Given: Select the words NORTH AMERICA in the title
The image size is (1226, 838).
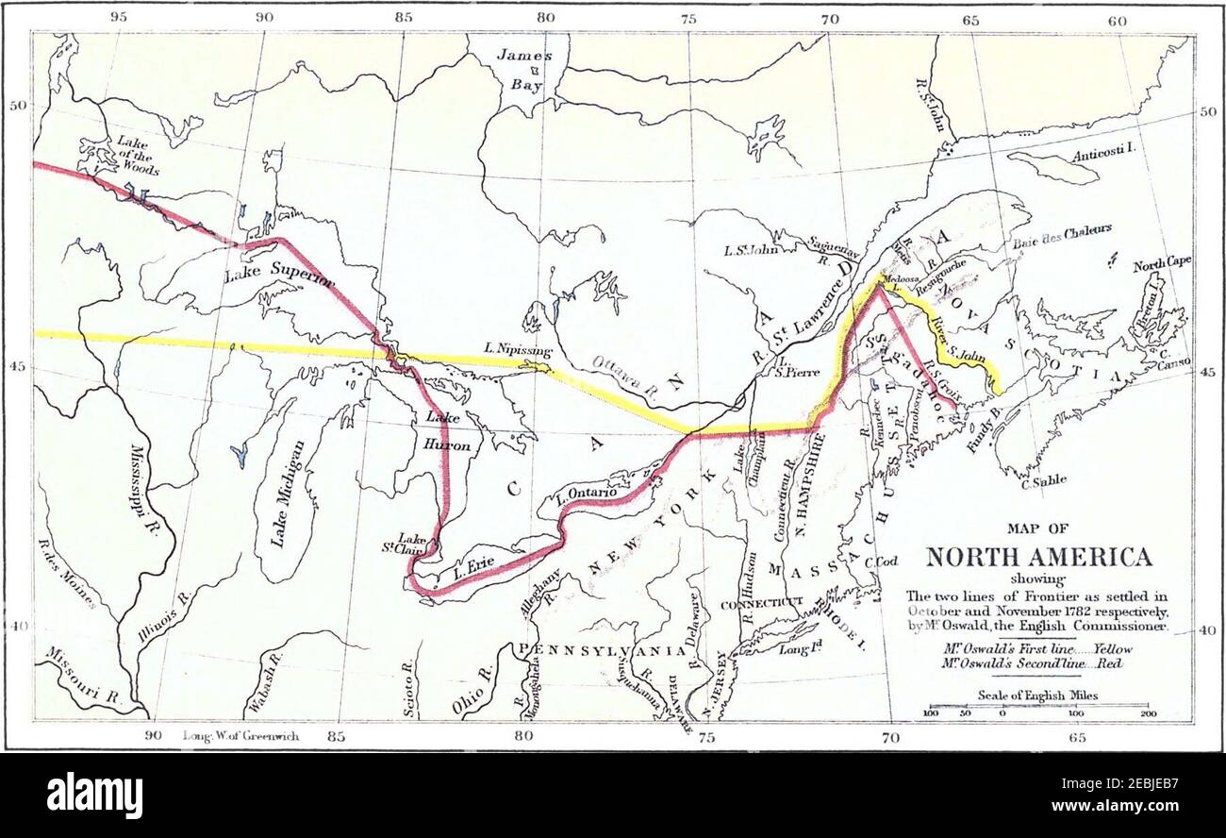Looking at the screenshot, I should (1038, 556).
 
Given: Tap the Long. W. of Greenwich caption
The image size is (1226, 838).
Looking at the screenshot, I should (240, 735).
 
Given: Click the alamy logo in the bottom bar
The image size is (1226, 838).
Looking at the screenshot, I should (94, 796).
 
